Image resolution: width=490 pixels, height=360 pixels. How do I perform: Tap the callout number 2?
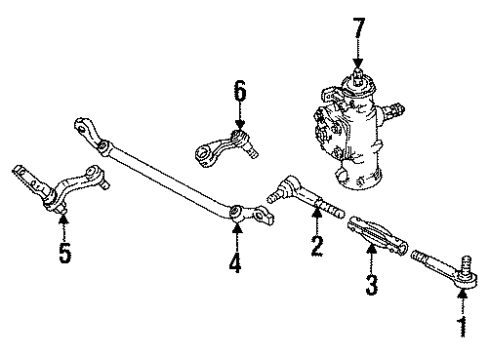click(316, 244)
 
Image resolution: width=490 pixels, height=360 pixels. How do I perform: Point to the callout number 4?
click(237, 267)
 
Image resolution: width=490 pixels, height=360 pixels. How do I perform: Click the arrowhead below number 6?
click(240, 126)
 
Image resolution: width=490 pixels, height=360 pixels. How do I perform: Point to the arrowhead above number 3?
click(371, 257)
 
